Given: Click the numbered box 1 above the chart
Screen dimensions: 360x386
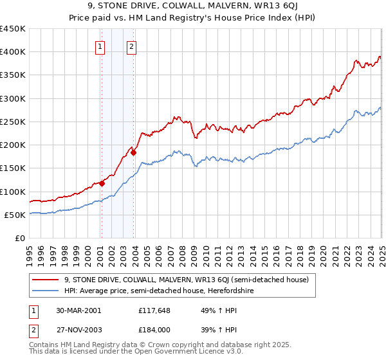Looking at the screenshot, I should [x=101, y=46].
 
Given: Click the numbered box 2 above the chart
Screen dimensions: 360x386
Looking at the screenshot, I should [x=131, y=46].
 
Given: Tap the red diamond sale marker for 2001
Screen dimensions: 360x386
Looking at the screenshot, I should [x=102, y=183].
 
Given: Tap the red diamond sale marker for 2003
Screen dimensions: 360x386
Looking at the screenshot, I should [x=133, y=152].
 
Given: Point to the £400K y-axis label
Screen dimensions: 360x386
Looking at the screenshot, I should [x=13, y=52].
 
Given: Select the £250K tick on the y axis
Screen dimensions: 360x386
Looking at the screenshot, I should [x=13, y=122].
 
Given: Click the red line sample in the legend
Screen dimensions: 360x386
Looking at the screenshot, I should [x=46, y=280].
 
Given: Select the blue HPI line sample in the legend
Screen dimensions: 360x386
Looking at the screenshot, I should [x=46, y=291].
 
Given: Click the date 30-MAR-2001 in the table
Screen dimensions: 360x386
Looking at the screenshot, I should [x=78, y=310].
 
